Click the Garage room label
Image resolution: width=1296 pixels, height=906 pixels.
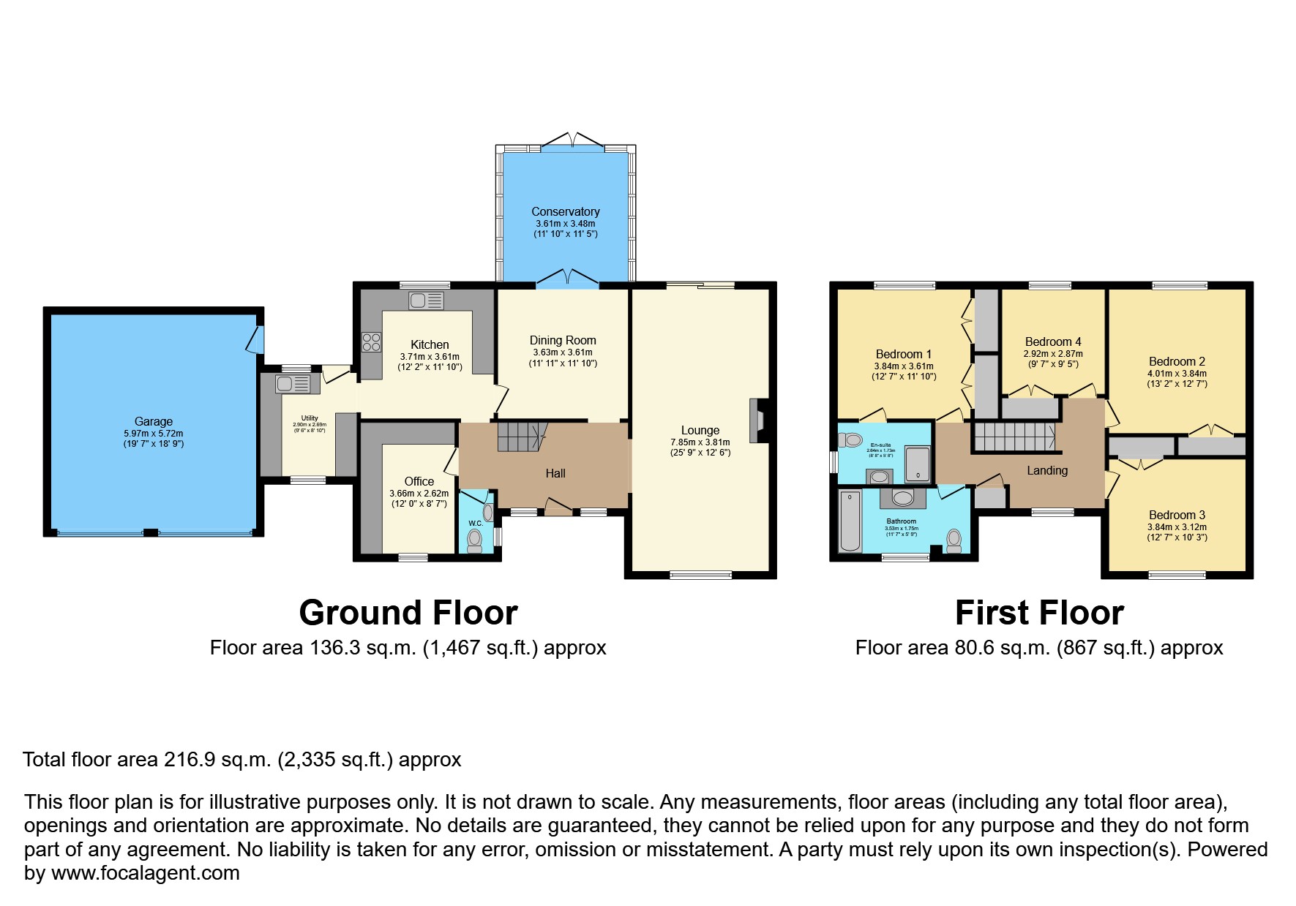[x=153, y=421]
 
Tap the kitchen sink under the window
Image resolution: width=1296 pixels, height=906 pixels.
[x=426, y=301]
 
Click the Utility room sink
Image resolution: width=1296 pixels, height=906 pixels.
[x=292, y=384]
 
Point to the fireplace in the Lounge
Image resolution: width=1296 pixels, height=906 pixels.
[x=759, y=420]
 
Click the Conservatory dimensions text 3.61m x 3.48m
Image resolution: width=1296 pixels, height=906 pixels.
[x=565, y=223]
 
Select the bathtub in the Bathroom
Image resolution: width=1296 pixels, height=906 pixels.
[x=850, y=521]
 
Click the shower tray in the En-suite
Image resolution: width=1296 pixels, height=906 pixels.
[x=918, y=465]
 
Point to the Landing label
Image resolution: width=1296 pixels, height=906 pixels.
[x=1046, y=470]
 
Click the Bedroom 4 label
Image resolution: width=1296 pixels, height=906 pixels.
[x=1052, y=341]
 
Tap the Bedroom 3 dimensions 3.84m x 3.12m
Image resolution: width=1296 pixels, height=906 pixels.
[x=1177, y=526]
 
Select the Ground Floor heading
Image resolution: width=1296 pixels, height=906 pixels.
[x=408, y=613]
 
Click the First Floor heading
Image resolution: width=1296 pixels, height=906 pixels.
[x=1038, y=613]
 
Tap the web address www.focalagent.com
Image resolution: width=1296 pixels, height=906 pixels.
[x=145, y=873]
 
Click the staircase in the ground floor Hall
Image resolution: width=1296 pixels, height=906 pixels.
[x=522, y=437]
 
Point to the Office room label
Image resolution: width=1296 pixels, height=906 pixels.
[x=419, y=481]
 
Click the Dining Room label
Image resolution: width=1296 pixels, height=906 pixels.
[x=563, y=340]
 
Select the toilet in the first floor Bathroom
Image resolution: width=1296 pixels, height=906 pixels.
[x=954, y=540]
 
